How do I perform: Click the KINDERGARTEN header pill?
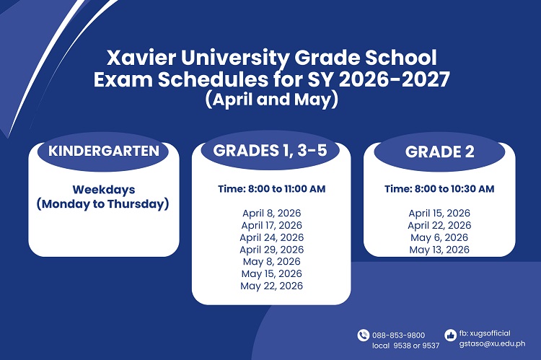[x=103, y=152]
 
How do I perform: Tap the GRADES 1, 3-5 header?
[x=270, y=151]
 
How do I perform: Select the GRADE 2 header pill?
[x=439, y=152]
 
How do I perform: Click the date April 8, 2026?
[x=271, y=213]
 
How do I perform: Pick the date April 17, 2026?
[x=271, y=225]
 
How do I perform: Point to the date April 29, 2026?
[x=271, y=250]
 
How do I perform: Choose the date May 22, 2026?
[x=271, y=286]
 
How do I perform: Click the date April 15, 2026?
[x=439, y=213]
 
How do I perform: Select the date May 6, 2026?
[x=439, y=237]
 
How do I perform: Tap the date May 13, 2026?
[x=439, y=250]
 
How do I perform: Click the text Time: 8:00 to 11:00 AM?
[x=271, y=189]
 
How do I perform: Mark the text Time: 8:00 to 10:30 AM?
[x=439, y=189]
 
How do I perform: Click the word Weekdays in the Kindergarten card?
[x=103, y=190]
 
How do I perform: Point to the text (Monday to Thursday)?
[x=103, y=204]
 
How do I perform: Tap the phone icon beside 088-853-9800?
[x=363, y=335]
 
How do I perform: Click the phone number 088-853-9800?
[x=398, y=335]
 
